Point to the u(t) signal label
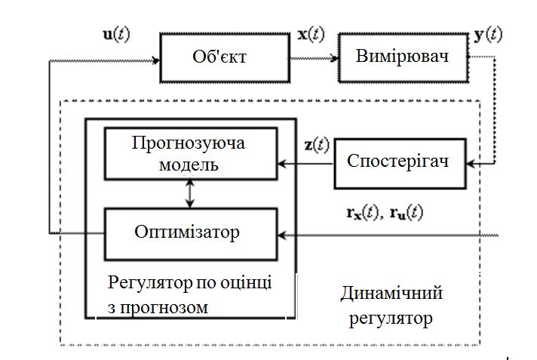tap(118, 35)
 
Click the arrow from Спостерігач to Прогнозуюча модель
tap(305, 162)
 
